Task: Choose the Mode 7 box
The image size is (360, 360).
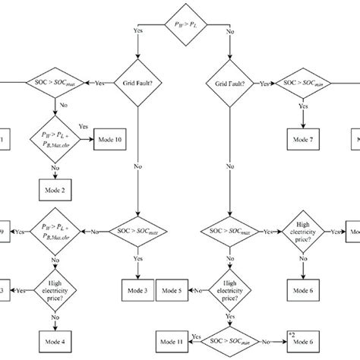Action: click(303, 139)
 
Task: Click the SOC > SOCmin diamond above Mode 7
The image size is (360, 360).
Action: click(303, 81)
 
